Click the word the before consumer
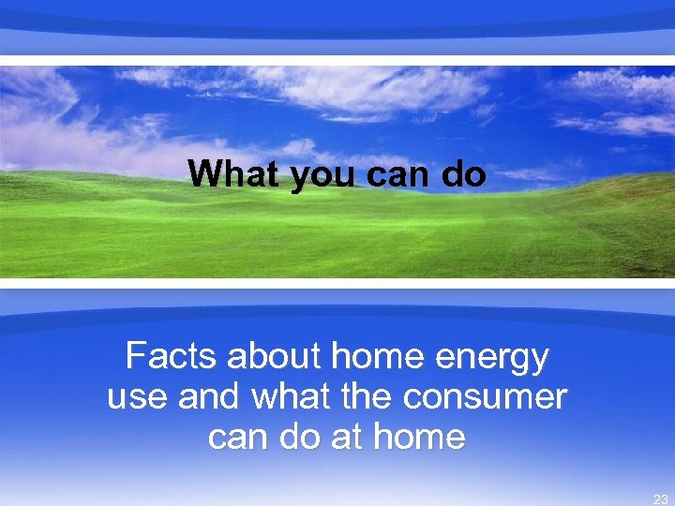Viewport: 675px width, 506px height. click(372, 396)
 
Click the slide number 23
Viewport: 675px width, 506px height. click(660, 499)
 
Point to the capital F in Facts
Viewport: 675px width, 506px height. click(135, 357)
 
